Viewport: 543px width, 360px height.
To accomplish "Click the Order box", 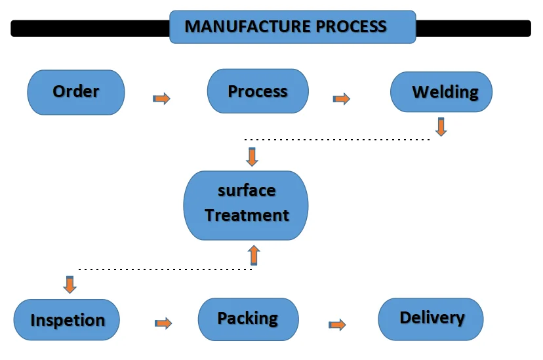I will click(x=76, y=92).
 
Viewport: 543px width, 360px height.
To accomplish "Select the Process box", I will click(x=258, y=91).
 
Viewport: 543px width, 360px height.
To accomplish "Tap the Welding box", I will click(x=441, y=92).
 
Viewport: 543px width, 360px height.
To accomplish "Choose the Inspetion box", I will click(x=67, y=320).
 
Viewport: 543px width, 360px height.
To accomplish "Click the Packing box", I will click(x=248, y=319).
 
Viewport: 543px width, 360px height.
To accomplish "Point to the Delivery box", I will click(x=431, y=319).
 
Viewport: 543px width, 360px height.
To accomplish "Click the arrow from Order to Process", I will click(x=161, y=98).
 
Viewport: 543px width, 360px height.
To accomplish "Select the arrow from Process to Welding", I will click(x=342, y=99).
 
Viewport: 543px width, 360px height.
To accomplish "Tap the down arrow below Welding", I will click(x=441, y=127).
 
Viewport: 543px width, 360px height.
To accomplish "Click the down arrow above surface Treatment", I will click(x=252, y=157).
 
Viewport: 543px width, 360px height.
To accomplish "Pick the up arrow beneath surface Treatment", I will click(x=254, y=255).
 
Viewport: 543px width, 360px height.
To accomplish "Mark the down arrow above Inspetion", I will click(x=70, y=285).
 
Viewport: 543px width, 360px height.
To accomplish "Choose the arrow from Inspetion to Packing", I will click(x=163, y=323).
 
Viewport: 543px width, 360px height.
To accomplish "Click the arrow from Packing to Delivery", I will click(x=337, y=324).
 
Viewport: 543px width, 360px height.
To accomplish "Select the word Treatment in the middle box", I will click(x=247, y=215).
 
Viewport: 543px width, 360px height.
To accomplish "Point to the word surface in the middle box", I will click(x=247, y=191).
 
